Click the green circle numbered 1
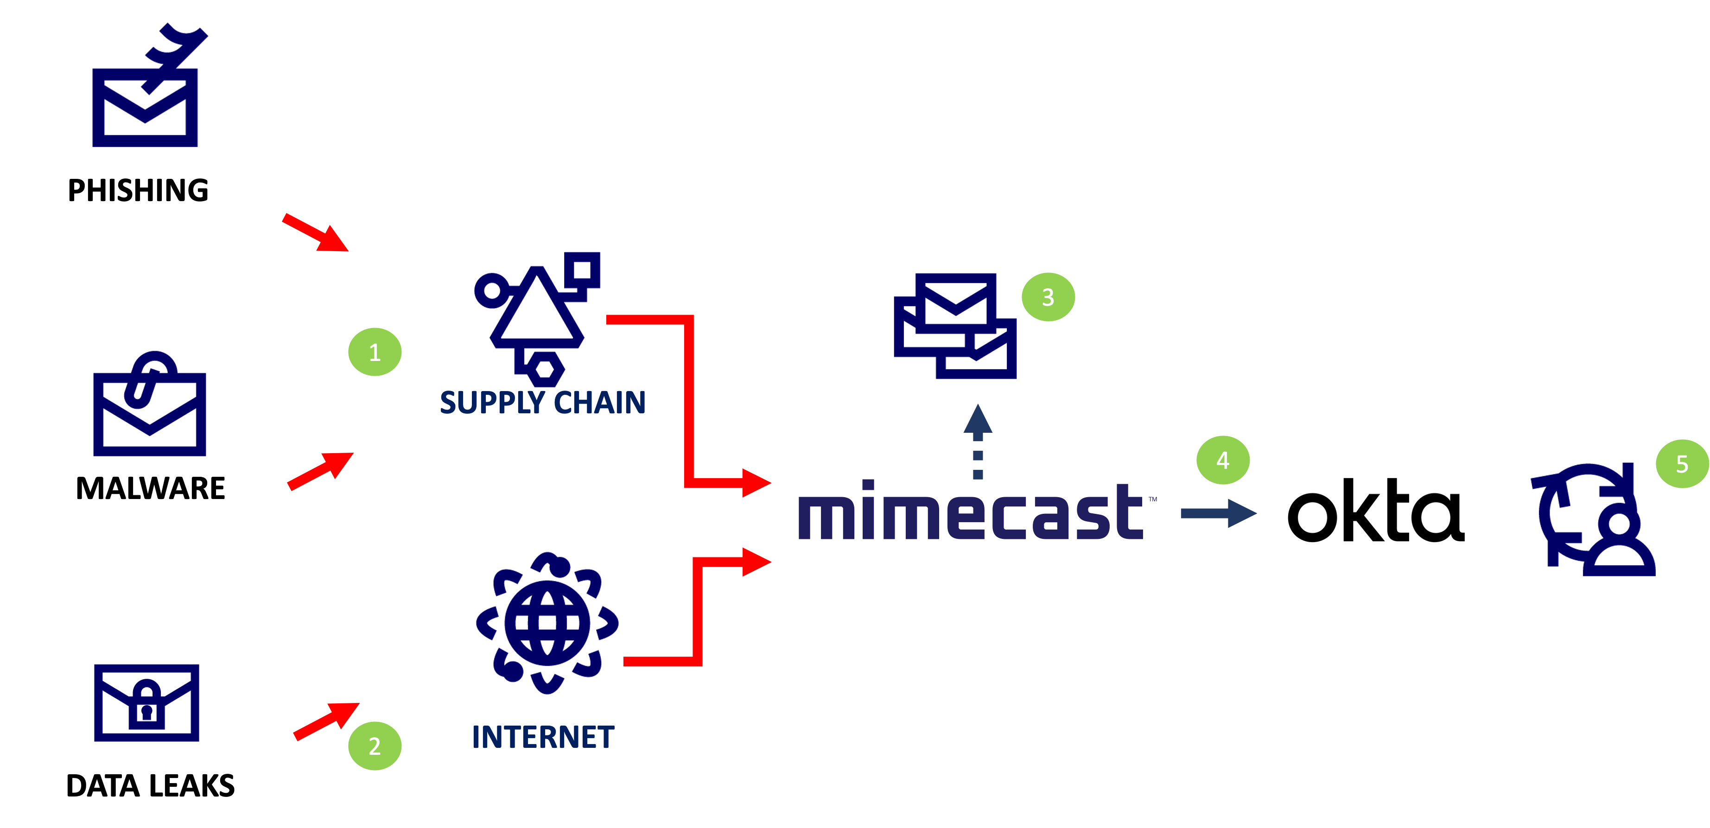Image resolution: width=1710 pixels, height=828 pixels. click(x=375, y=352)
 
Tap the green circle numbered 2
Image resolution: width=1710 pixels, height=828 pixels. click(x=375, y=746)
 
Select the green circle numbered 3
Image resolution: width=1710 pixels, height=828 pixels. click(x=1048, y=297)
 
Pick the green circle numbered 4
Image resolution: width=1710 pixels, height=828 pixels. click(x=1223, y=460)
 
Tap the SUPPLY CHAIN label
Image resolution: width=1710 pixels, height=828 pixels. click(x=542, y=403)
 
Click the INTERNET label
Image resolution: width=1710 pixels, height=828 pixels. click(x=542, y=737)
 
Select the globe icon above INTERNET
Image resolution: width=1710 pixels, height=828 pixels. click(x=547, y=622)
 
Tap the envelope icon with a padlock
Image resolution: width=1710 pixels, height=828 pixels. click(x=146, y=702)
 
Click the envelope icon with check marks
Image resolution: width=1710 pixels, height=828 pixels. click(x=146, y=89)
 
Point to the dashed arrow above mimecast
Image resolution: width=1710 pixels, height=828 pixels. click(x=977, y=441)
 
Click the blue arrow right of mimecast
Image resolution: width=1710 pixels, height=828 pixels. click(x=1219, y=513)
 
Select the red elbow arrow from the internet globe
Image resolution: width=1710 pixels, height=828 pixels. click(x=697, y=610)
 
